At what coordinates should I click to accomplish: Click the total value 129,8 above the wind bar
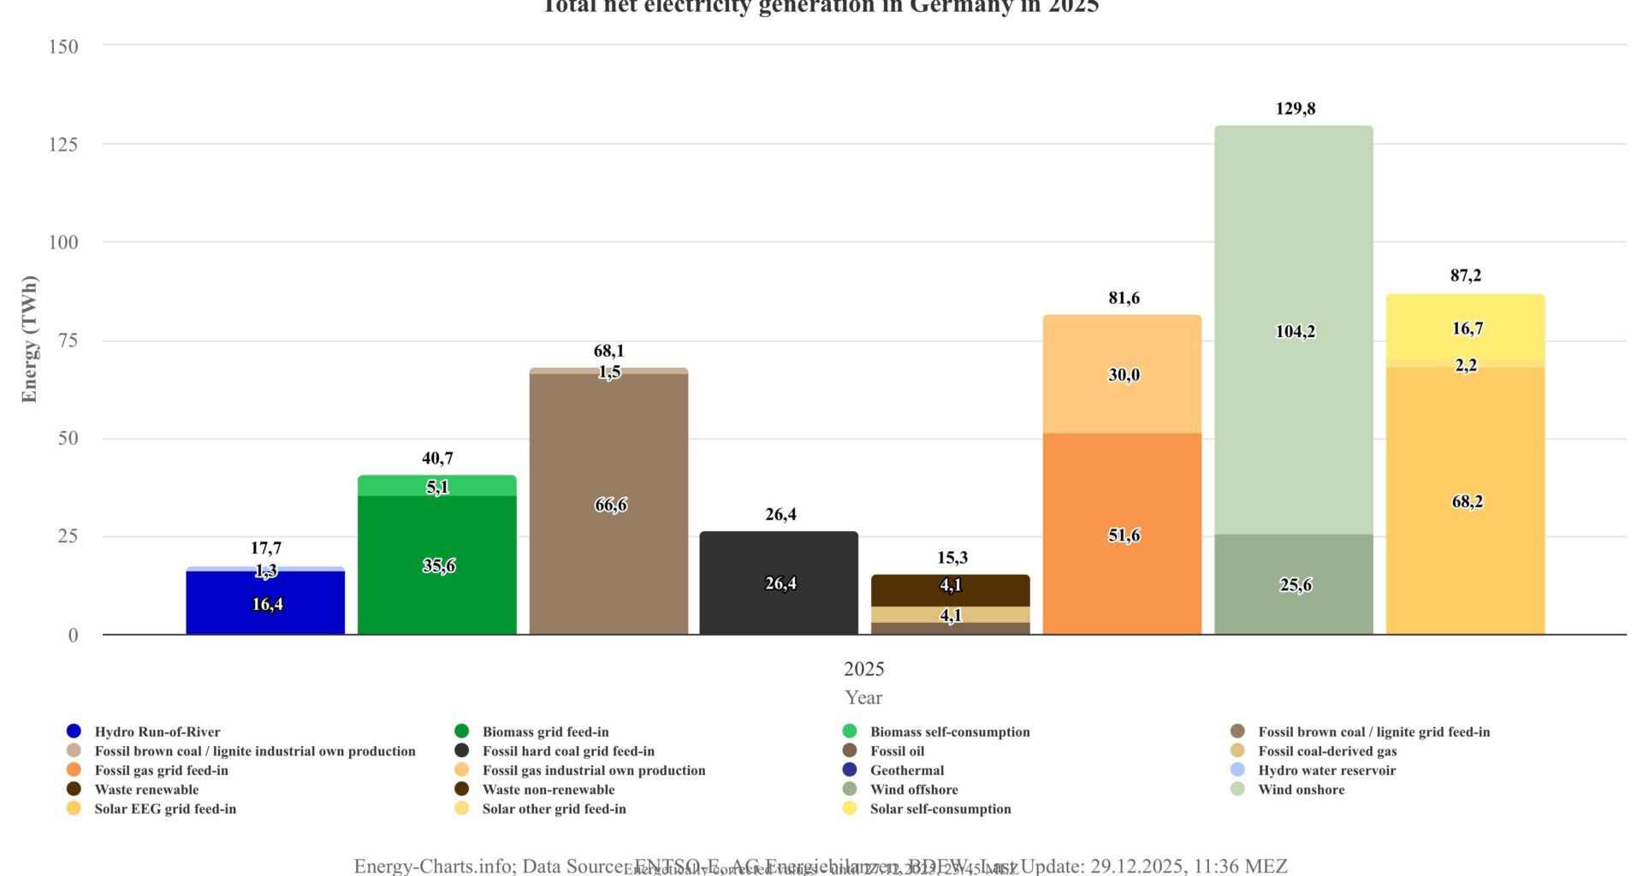point(1295,109)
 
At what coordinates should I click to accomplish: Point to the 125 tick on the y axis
point(62,145)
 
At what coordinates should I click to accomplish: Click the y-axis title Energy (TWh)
point(30,339)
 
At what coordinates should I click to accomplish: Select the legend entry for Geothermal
point(906,770)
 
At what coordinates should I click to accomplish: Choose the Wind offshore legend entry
point(913,790)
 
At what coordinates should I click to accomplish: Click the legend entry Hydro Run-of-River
point(157,731)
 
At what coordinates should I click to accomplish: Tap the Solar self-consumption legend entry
point(940,808)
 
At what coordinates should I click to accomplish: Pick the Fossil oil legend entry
point(897,751)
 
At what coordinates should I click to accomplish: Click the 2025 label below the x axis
point(863,669)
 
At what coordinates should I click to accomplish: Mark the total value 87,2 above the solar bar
point(1465,275)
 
